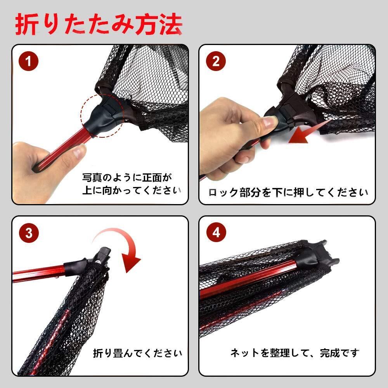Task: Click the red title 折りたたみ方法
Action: coord(99,24)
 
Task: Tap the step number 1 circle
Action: coord(28,61)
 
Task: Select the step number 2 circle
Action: coord(216,61)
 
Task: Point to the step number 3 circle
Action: coord(29,233)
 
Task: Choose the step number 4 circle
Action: coord(216,232)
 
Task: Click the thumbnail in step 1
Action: coord(80,151)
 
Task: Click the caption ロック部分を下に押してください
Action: coord(288,192)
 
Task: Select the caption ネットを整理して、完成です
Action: coord(295,353)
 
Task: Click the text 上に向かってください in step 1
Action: coord(132,191)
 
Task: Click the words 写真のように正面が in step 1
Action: coord(127,177)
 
